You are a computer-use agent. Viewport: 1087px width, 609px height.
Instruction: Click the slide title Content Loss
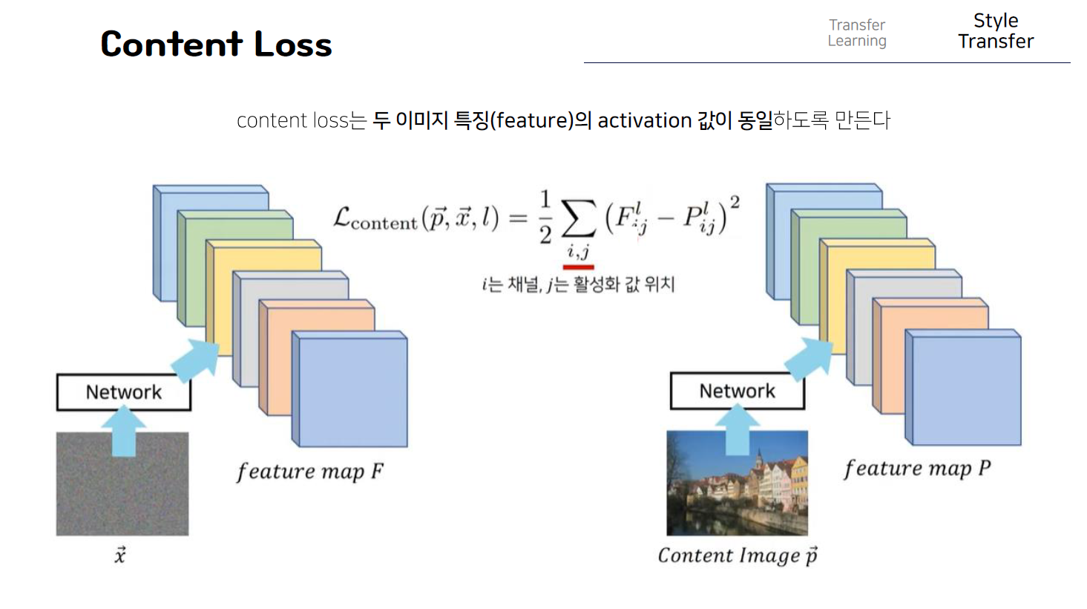(216, 44)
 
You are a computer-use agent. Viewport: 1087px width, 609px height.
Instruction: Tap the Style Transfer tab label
(995, 31)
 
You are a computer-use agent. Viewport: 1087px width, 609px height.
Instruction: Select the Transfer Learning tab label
(857, 33)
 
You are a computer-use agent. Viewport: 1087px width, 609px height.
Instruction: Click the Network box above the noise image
(124, 392)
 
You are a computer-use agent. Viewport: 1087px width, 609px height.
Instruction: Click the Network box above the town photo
(737, 391)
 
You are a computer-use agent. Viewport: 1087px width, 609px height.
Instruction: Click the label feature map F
(309, 472)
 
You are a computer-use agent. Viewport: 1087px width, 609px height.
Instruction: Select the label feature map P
(916, 469)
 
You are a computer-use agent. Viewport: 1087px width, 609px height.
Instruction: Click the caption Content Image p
(737, 556)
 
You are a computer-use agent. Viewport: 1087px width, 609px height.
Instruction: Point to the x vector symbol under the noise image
(120, 555)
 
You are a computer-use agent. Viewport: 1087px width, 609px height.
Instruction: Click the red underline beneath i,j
(578, 267)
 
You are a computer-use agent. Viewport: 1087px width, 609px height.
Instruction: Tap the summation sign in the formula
(578, 218)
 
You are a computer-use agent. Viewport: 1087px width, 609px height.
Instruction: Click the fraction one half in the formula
(545, 217)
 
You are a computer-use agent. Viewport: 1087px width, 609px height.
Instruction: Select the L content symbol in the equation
(375, 218)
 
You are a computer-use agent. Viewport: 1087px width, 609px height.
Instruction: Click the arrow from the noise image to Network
(123, 431)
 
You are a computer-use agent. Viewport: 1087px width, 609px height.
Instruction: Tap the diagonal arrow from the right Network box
(809, 356)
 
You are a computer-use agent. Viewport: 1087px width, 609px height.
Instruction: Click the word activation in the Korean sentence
(644, 120)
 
